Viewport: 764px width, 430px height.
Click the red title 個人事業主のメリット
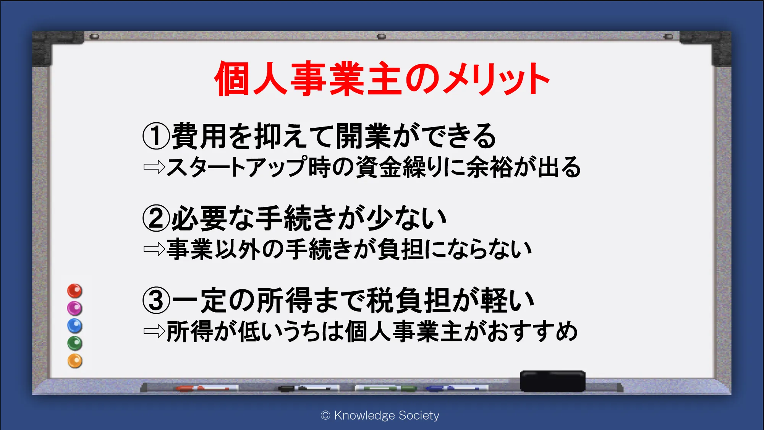(x=382, y=79)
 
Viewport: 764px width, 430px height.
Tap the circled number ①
(x=156, y=136)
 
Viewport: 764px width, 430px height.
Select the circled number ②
(x=156, y=218)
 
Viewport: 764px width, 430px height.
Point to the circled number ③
(x=156, y=300)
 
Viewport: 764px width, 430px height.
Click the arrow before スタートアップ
(x=154, y=167)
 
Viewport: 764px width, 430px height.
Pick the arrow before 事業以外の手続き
(x=154, y=250)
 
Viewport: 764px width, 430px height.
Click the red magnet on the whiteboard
(x=75, y=291)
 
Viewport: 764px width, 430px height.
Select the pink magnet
(x=75, y=308)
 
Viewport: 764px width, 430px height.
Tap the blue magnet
(x=75, y=326)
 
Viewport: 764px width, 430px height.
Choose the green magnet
(x=75, y=344)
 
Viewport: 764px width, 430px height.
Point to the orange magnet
(x=75, y=361)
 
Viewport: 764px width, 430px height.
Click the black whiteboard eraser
(x=553, y=381)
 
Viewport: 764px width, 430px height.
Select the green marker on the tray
(x=386, y=388)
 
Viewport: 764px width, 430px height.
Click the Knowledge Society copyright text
(x=380, y=415)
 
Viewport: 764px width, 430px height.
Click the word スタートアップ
(x=237, y=167)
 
